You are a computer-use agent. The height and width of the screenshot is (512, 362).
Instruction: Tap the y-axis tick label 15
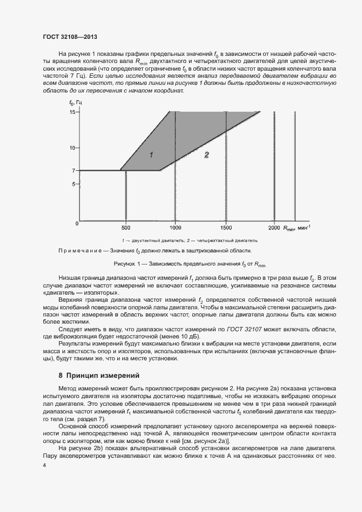point(72,112)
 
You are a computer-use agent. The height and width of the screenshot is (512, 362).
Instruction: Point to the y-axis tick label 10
point(72,148)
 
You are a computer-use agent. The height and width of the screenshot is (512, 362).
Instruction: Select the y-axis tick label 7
point(73,170)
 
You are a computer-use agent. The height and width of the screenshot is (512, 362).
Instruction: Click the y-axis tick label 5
point(73,184)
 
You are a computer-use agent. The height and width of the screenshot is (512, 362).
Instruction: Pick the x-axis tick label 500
point(126,227)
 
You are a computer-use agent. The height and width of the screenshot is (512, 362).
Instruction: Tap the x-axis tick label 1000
point(175,227)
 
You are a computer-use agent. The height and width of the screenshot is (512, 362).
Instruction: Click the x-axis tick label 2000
point(274,227)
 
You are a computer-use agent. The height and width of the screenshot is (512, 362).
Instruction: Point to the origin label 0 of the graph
point(77,223)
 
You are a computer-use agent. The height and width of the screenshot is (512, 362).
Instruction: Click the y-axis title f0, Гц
point(76,103)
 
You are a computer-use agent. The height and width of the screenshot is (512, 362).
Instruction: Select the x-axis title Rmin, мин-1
point(297,227)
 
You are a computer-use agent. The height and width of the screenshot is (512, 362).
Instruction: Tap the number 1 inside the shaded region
point(151,155)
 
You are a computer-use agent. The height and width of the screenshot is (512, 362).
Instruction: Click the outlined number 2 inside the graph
point(206,155)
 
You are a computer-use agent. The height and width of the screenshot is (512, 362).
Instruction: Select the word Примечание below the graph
point(83,250)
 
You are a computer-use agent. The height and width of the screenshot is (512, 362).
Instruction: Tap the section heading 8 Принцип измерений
point(99,376)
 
